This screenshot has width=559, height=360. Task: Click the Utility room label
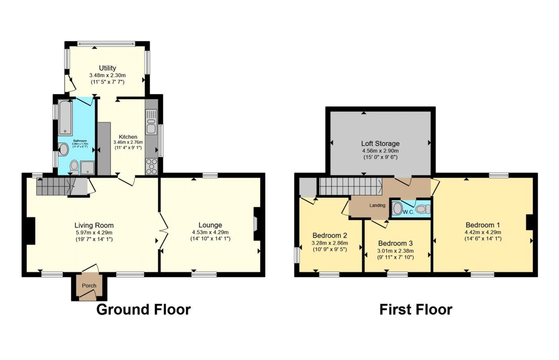107,68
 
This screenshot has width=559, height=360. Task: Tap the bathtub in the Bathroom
65,117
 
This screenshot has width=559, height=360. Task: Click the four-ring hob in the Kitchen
151,167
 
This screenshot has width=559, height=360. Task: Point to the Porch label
89,286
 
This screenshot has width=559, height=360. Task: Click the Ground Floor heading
143,310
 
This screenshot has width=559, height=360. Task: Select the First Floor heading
416,310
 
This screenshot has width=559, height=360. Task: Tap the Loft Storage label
380,143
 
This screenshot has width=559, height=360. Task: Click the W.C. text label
408,212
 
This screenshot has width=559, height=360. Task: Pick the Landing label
377,206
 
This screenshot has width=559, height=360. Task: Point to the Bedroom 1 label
482,225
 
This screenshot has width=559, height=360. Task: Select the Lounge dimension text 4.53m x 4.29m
210,232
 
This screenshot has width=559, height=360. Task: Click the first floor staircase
349,187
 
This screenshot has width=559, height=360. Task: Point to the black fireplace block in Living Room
31,231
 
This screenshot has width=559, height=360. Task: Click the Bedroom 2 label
329,235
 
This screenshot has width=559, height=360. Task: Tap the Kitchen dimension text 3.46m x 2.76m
128,143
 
